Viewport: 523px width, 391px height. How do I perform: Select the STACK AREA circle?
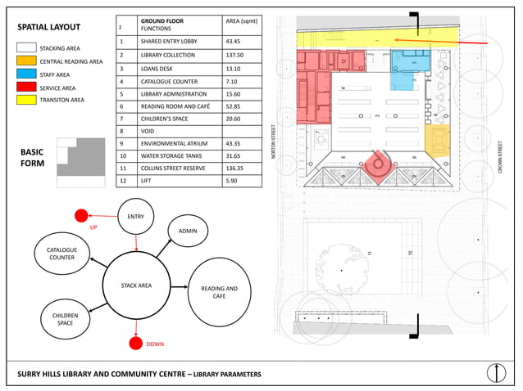tap(137, 285)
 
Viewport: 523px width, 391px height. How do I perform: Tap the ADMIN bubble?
tap(188, 231)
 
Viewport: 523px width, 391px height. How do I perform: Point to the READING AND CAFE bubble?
tap(219, 292)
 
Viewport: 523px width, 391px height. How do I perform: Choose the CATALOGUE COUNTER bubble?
tap(61, 254)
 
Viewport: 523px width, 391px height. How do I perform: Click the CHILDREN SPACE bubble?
tap(65, 319)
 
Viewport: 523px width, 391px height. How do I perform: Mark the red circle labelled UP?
tap(81, 216)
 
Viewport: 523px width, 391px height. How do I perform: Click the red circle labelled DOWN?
tap(136, 343)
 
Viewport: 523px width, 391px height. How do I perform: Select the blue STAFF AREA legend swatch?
tap(26, 74)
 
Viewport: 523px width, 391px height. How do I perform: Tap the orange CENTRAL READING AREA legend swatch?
tap(26, 61)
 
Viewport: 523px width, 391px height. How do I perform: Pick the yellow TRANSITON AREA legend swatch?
tap(26, 101)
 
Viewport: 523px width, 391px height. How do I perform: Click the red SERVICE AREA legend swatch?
tap(26, 88)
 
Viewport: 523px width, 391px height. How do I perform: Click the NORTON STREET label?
tap(274, 140)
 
